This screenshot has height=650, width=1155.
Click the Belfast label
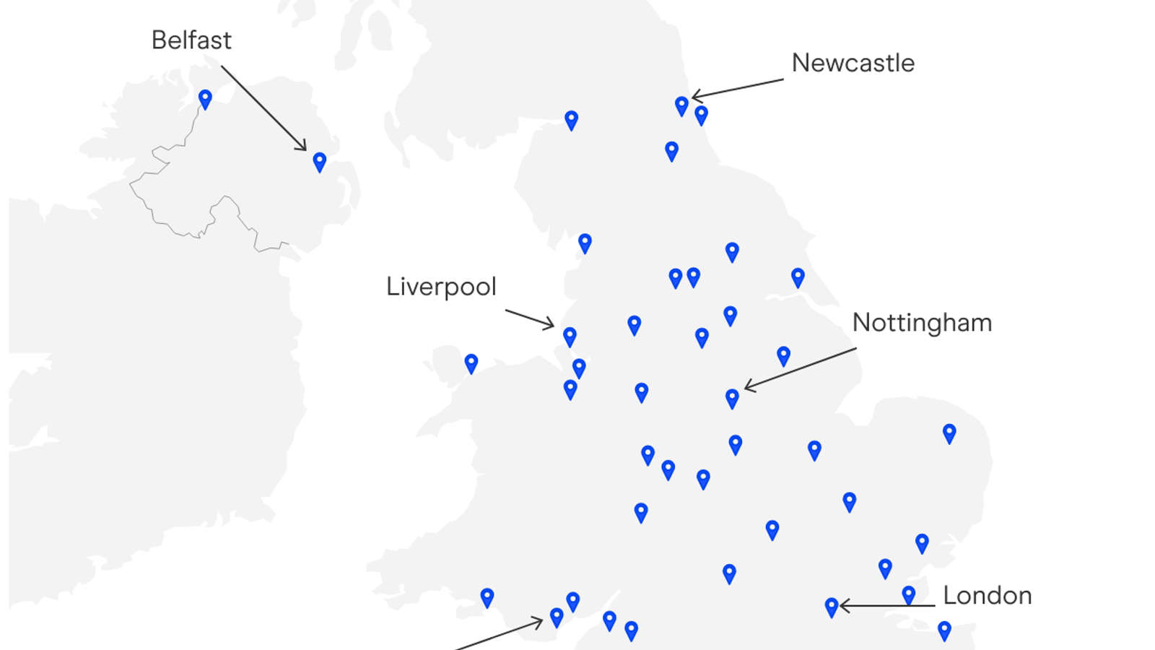(191, 40)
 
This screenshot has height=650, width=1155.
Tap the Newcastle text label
(853, 64)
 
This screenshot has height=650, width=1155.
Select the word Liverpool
(441, 287)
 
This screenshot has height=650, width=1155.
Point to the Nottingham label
(922, 323)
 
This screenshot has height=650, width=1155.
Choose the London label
(987, 596)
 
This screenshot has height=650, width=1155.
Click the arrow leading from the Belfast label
(263, 108)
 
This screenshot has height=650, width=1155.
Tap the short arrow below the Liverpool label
(529, 318)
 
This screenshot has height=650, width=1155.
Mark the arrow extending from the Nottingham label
(800, 369)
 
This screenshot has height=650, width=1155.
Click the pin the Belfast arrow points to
(320, 161)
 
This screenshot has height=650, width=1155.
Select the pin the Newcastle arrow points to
(681, 105)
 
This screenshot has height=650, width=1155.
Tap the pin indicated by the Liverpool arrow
(570, 336)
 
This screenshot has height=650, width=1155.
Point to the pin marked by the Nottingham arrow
(732, 398)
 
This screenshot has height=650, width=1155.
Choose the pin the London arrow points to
(832, 607)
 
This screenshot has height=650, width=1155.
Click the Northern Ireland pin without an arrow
(205, 98)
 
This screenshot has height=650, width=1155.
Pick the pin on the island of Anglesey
(471, 363)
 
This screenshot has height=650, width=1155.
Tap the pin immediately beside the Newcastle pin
(701, 114)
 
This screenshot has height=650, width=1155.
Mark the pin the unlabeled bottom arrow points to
(557, 617)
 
